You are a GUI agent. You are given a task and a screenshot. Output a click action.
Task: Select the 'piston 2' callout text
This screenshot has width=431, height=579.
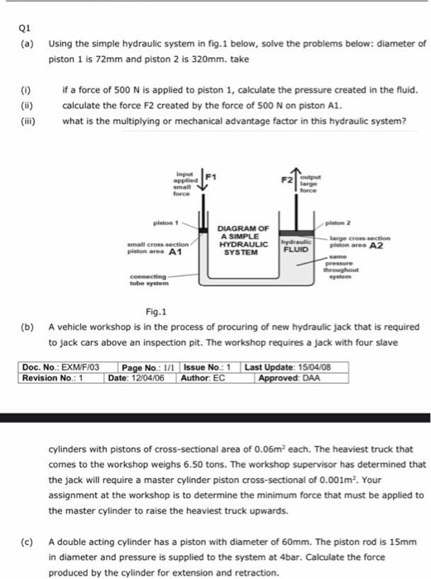point(362,221)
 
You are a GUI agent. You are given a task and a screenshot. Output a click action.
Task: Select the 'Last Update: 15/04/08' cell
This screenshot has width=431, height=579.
point(292,366)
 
